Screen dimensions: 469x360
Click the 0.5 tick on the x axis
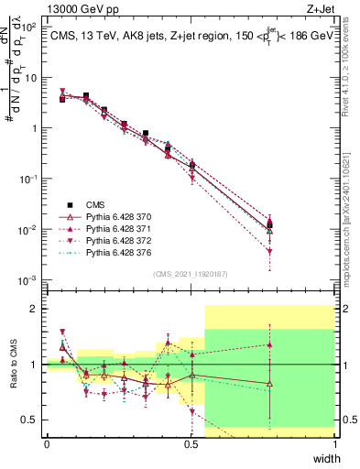191,444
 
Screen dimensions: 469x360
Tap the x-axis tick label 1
334,444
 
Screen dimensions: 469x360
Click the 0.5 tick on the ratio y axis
33,420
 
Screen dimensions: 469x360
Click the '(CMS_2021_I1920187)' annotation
191,273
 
